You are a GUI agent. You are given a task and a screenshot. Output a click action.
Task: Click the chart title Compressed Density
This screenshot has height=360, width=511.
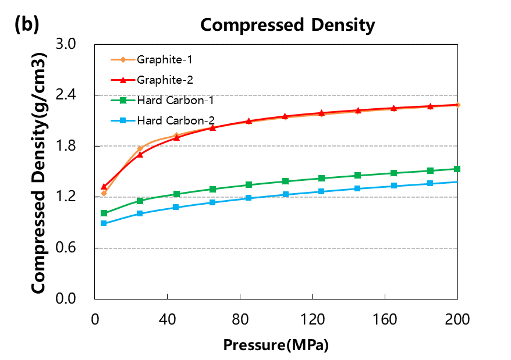[x=288, y=25]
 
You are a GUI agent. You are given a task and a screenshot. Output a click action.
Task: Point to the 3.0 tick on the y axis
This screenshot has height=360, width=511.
[x=75, y=44]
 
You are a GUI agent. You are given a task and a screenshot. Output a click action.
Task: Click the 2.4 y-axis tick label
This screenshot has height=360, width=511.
[x=75, y=95]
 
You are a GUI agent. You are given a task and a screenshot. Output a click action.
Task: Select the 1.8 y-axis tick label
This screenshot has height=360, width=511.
[x=75, y=146]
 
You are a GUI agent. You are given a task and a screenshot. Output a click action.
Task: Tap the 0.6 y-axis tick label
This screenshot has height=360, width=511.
[x=75, y=248]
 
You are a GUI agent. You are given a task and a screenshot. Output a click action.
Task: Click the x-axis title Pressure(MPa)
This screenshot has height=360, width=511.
[x=276, y=344]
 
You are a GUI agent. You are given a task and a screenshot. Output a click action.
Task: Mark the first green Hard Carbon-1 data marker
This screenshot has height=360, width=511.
[x=104, y=213]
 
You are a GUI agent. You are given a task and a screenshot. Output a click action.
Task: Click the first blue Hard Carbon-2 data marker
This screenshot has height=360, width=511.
[x=104, y=223]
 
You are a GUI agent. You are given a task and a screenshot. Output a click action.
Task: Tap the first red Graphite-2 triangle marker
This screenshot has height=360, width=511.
[x=104, y=187]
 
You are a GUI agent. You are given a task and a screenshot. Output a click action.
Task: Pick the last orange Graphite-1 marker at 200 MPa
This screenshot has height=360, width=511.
[x=457, y=105]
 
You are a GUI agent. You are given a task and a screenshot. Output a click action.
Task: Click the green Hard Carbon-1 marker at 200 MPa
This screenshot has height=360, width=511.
[x=457, y=169]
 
